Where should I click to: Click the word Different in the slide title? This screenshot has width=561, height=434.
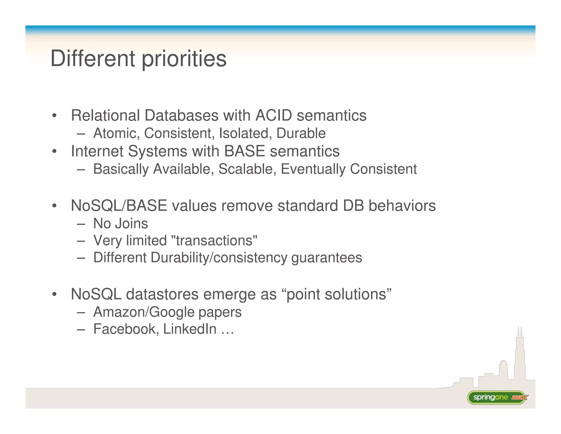pos(93,58)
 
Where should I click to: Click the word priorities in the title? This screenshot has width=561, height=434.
pos(184,59)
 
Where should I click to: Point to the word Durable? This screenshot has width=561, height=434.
pos(301,133)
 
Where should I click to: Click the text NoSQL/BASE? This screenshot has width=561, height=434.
pos(119,206)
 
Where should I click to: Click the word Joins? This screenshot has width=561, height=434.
pos(131,223)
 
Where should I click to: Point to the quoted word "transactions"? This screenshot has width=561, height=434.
pos(214,241)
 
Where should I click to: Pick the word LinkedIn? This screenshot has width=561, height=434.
pos(190,329)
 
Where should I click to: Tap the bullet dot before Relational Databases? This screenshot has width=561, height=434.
pos(55,116)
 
